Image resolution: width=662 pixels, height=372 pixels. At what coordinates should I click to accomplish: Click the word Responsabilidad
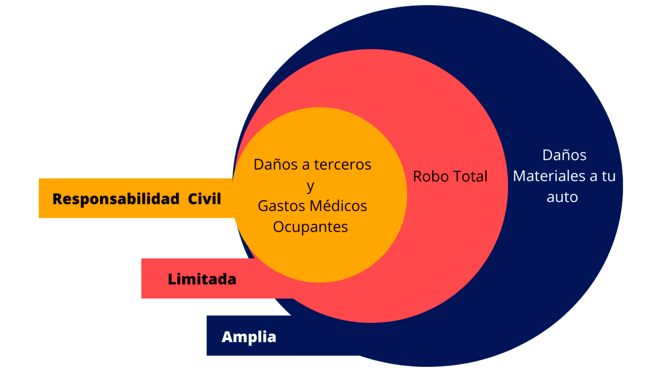(x=116, y=199)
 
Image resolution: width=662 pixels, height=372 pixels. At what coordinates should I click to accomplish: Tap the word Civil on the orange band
(x=204, y=199)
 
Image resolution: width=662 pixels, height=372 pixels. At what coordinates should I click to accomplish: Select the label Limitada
(x=202, y=279)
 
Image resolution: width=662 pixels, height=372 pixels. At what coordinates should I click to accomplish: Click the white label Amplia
(x=249, y=337)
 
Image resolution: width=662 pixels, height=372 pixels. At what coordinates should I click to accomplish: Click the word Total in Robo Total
(x=470, y=176)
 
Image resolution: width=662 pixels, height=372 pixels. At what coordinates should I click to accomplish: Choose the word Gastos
(x=281, y=206)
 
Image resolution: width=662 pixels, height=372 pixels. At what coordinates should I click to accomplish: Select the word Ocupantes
(x=310, y=227)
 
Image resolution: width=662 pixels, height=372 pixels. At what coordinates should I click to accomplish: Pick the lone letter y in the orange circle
(x=310, y=186)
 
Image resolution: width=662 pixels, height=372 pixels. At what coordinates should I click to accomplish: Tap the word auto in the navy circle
(x=562, y=197)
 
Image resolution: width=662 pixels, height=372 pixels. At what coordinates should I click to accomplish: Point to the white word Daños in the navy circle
(x=564, y=155)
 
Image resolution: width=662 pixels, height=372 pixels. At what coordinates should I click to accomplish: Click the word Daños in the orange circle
(x=275, y=165)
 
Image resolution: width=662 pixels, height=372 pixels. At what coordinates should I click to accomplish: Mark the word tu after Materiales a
(x=609, y=176)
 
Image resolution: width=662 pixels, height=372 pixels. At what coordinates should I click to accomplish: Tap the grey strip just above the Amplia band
(x=241, y=311)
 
